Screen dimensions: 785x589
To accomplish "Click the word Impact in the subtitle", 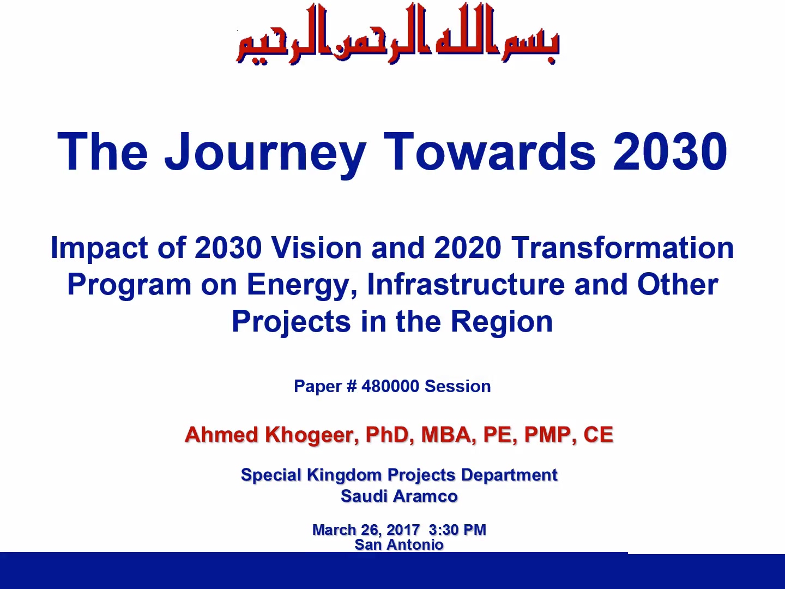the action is coord(99,248).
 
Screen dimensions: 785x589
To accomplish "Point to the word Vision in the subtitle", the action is coord(317,248).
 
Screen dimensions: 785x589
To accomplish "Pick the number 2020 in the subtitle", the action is coord(467,248).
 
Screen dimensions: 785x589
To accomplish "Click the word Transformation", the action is coord(623,248).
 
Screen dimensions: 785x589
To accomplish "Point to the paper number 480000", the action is coord(390,386).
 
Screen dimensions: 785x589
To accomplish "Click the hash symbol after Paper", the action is coord(352,386).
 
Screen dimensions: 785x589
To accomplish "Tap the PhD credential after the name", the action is coord(390,435).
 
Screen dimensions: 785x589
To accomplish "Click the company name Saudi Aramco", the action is coord(399,496).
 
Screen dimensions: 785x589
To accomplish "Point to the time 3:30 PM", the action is coord(457,530).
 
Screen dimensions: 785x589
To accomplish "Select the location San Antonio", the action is coord(399,545).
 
